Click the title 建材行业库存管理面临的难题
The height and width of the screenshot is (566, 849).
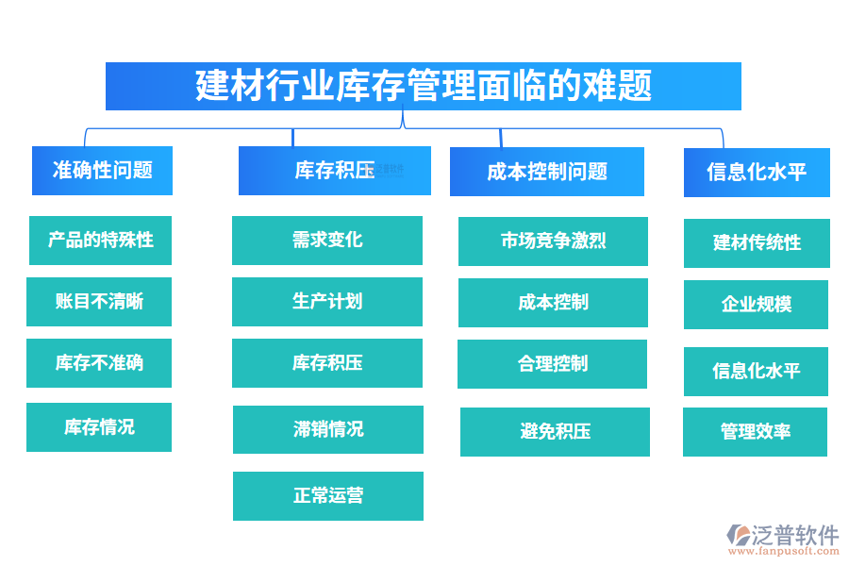(424, 87)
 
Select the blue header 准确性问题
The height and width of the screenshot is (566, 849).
(102, 171)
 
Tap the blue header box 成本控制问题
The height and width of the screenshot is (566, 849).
(547, 172)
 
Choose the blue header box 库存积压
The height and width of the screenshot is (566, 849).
(334, 171)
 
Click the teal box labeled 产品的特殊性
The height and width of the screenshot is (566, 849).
(101, 240)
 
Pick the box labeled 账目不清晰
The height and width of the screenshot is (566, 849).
(99, 302)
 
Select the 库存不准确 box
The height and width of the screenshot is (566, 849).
(99, 363)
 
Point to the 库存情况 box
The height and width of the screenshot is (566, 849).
(99, 427)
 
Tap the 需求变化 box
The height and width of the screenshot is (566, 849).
(327, 241)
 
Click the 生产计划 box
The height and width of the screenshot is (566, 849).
(327, 302)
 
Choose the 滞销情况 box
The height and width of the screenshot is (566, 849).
(328, 429)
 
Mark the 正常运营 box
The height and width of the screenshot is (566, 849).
(328, 496)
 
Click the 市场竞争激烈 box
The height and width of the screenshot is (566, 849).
(553, 241)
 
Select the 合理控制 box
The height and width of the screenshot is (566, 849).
(553, 364)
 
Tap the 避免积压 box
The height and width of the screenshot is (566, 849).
(555, 432)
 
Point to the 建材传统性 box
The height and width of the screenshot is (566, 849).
(757, 243)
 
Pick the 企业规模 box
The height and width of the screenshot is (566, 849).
(756, 305)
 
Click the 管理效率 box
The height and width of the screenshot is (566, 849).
(755, 432)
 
